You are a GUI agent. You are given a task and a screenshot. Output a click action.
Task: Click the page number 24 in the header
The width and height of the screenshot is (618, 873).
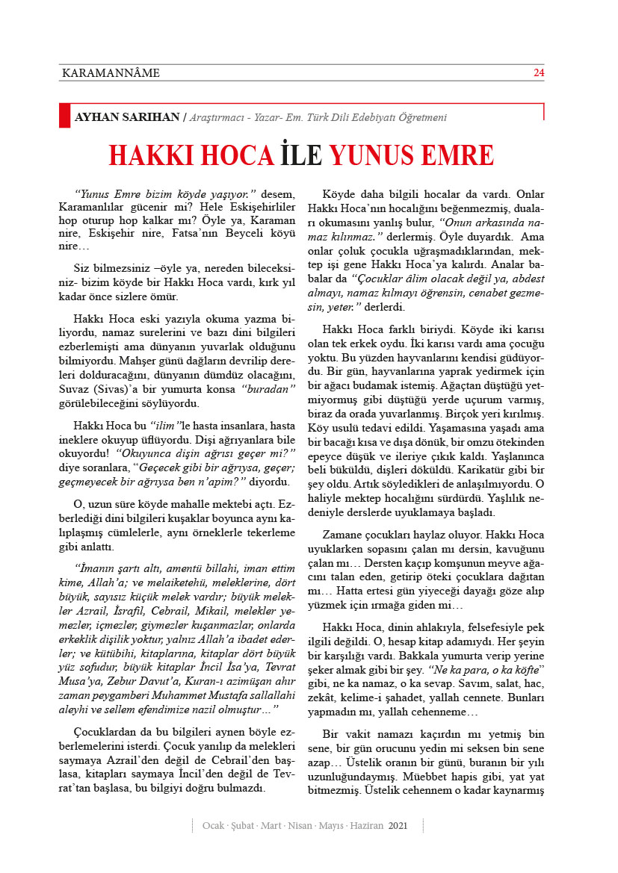[538, 73]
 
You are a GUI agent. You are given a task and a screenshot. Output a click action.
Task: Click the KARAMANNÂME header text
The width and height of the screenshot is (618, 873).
[109, 73]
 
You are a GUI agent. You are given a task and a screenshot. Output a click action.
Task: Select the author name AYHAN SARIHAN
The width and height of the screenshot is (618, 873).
[126, 117]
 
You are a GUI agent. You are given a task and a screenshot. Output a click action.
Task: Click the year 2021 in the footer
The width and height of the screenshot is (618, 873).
[398, 825]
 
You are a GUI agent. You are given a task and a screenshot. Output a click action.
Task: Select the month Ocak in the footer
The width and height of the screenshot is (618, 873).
[215, 825]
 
